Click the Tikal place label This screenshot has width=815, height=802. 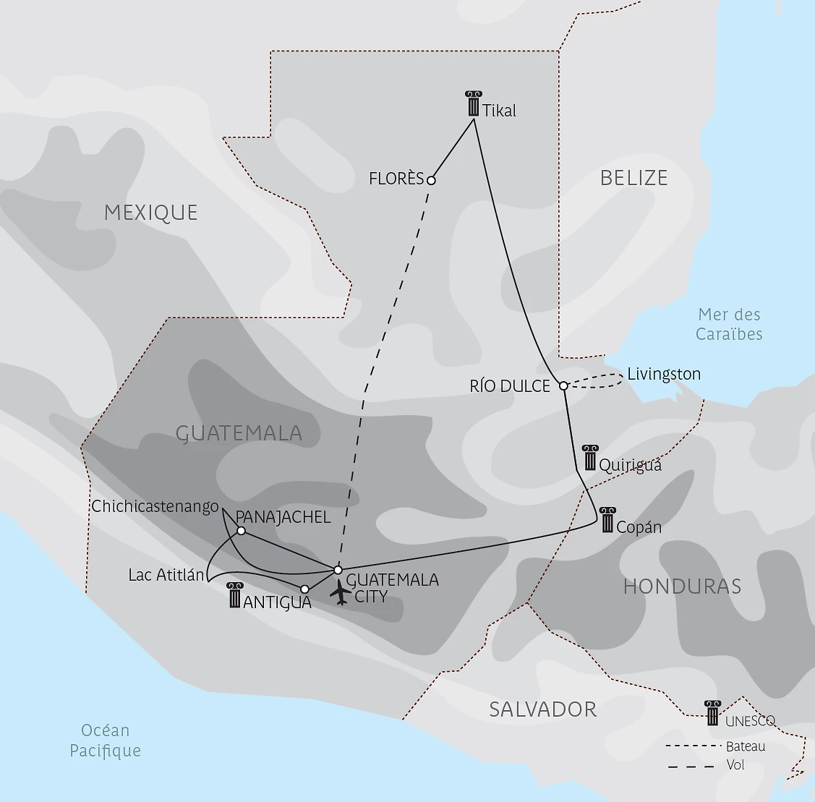tap(500, 111)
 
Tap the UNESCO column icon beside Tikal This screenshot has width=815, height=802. tap(474, 104)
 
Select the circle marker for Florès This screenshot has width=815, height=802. tap(431, 180)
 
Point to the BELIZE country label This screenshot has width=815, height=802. tap(633, 178)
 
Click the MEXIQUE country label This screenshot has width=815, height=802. tap(150, 213)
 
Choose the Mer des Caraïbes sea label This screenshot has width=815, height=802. tap(729, 324)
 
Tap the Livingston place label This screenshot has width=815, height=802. tap(664, 374)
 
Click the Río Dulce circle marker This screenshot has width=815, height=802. tap(564, 385)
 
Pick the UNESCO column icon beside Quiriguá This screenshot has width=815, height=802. tap(589, 458)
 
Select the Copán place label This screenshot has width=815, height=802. tap(639, 527)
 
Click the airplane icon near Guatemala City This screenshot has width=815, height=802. tap(340, 592)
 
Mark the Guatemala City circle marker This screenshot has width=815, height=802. tap(338, 570)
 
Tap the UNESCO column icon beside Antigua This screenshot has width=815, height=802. tap(234, 595)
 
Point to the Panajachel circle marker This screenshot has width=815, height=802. tap(242, 531)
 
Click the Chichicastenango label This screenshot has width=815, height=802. tap(155, 506)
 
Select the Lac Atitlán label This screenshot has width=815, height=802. tap(166, 575)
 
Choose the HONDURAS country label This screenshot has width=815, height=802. tap(682, 586)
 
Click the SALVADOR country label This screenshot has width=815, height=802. tap(542, 709)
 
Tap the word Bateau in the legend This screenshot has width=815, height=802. tap(746, 746)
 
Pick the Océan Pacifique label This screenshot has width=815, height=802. tap(106, 741)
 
